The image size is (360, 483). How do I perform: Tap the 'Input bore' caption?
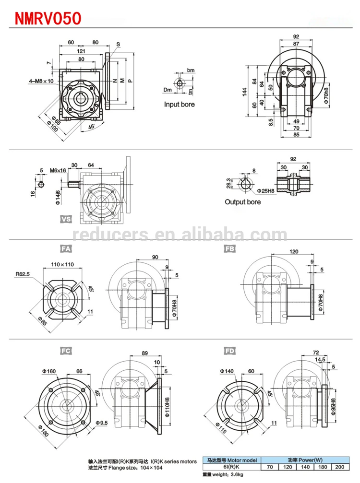(179, 104)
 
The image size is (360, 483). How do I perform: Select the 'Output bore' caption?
(243, 202)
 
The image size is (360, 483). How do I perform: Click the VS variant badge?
(65, 219)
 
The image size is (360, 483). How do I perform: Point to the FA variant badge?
(65, 248)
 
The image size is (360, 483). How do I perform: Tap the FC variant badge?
(66, 351)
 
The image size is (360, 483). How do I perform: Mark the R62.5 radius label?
(23, 274)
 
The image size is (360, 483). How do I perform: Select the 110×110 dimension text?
(63, 264)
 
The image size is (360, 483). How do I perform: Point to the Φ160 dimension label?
(48, 371)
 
